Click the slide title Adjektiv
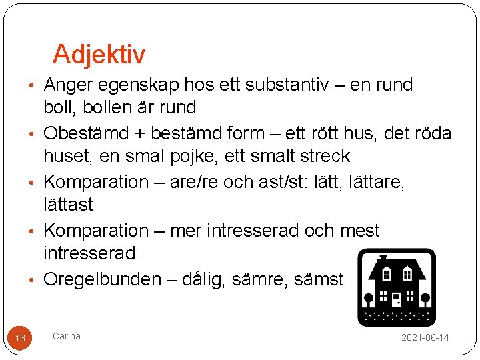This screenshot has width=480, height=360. (99, 55)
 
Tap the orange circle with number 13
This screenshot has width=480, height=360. (20, 338)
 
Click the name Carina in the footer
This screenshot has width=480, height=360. (67, 336)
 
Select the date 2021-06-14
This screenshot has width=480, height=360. (425, 338)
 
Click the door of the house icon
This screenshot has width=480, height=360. (397, 299)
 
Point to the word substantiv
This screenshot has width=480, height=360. (297, 85)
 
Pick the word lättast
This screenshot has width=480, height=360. (68, 204)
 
